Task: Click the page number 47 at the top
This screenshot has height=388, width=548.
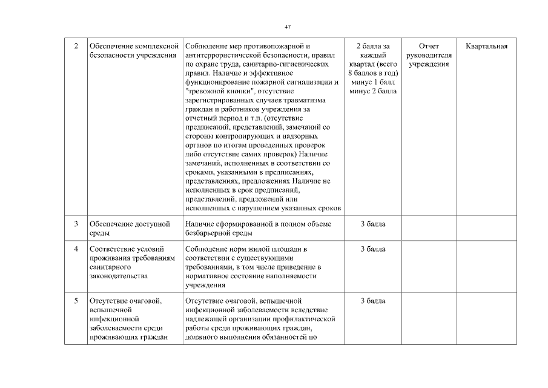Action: [x=288, y=27]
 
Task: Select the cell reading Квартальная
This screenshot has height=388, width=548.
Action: [x=487, y=46]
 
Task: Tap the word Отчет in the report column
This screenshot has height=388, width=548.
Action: [x=429, y=46]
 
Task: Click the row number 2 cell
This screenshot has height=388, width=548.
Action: [x=76, y=46]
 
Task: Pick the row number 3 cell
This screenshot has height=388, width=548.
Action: [x=76, y=224]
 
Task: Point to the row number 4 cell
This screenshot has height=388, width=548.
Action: [x=76, y=249]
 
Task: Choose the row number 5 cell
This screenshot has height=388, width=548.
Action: [x=76, y=301]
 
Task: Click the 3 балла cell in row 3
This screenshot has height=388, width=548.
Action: [x=373, y=224]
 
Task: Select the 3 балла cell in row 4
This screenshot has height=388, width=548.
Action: [x=373, y=249]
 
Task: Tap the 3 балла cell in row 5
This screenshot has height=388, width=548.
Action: [x=373, y=301]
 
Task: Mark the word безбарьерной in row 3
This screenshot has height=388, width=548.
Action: [x=209, y=233]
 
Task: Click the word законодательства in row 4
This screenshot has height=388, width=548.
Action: [x=117, y=276]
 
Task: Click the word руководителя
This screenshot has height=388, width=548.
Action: [x=429, y=55]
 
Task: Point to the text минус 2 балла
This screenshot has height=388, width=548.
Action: [x=373, y=91]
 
